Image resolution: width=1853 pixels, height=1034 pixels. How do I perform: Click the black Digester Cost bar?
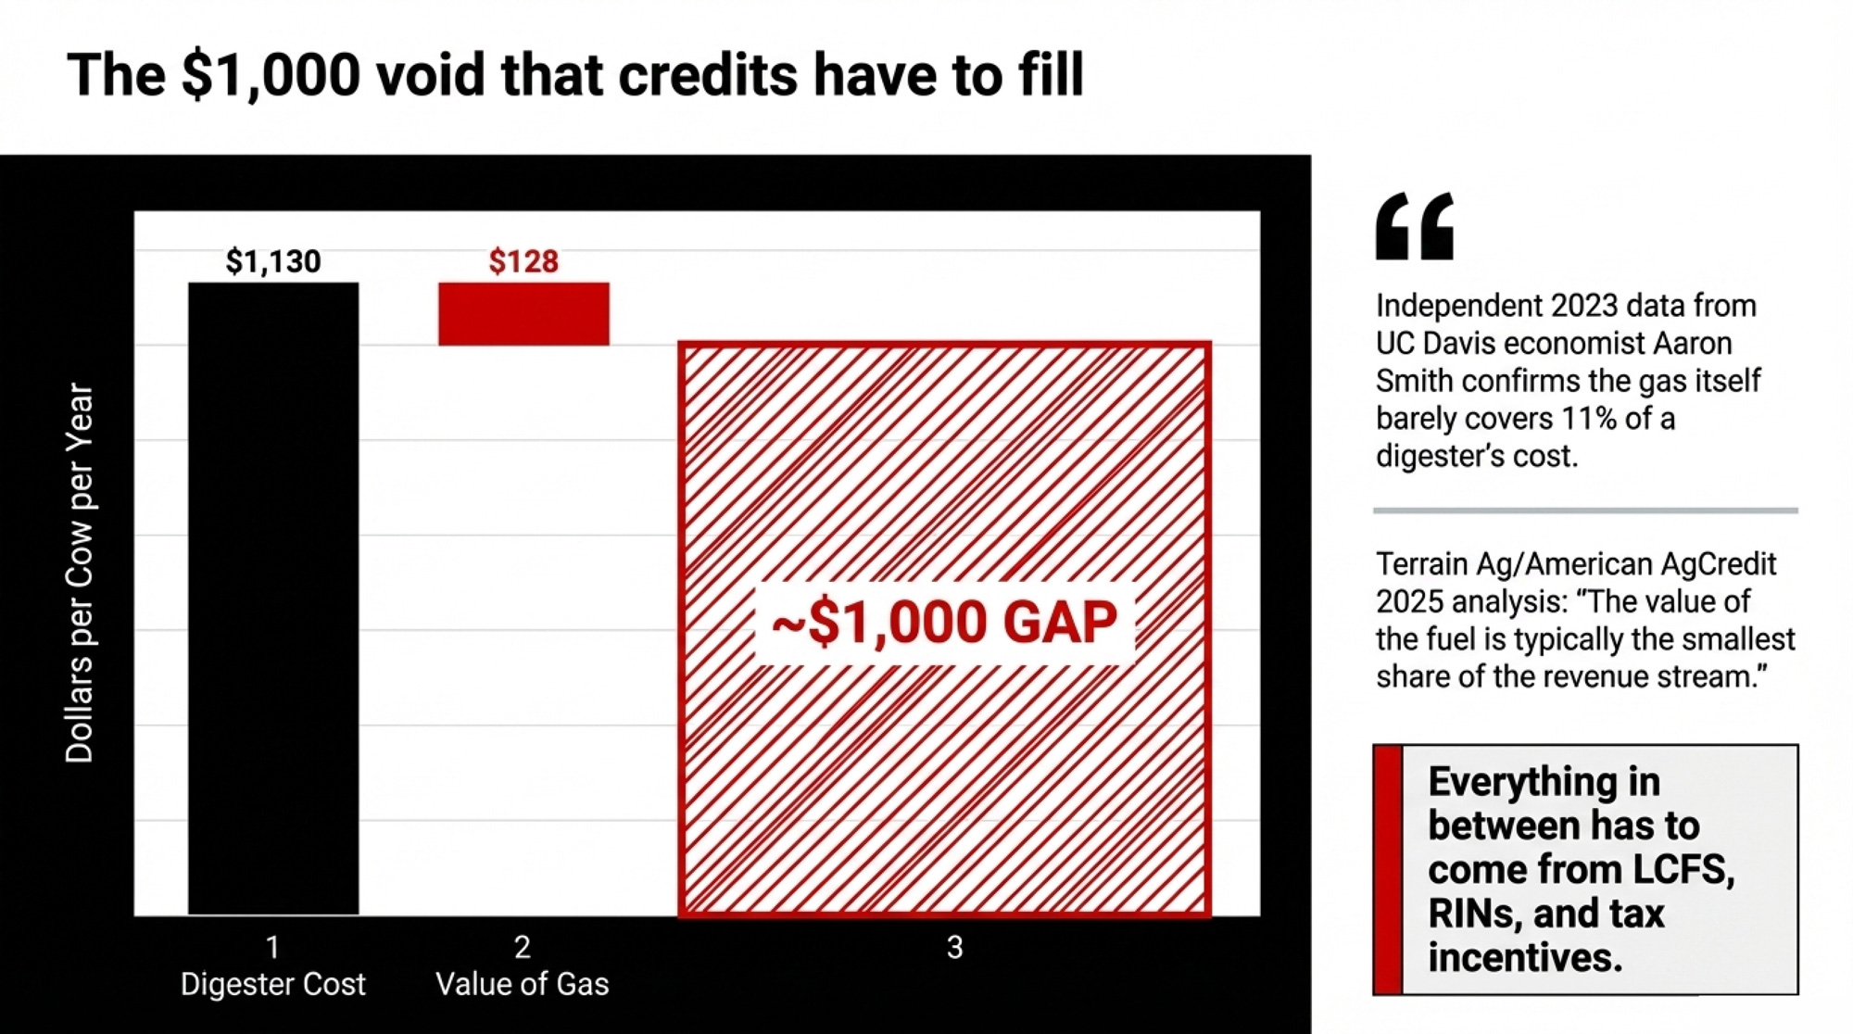(x=273, y=599)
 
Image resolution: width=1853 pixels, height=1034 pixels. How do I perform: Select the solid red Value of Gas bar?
(x=523, y=314)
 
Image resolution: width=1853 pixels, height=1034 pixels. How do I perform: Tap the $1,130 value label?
(x=273, y=261)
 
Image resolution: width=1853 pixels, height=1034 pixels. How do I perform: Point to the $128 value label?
(x=523, y=261)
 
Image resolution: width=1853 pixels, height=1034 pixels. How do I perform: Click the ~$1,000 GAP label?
(x=944, y=622)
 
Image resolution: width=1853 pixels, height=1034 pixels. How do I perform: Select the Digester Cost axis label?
(x=273, y=984)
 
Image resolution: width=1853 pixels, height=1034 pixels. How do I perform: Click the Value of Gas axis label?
(x=523, y=984)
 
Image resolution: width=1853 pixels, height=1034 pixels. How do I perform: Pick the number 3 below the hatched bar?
(x=955, y=947)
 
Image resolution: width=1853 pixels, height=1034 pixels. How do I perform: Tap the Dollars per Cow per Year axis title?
(x=80, y=573)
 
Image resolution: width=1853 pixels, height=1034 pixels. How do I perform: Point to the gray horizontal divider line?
(x=1585, y=511)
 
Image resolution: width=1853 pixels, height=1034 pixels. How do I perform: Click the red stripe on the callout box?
(x=1388, y=869)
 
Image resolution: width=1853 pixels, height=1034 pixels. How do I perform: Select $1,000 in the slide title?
(x=271, y=76)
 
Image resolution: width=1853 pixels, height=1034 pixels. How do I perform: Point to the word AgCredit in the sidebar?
(x=1716, y=564)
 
